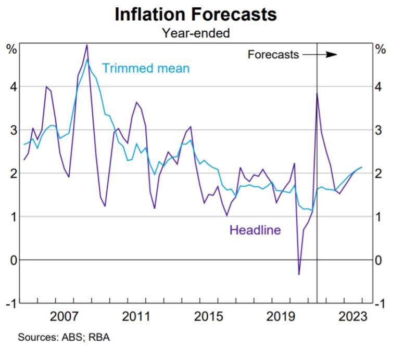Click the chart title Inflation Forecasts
click(195, 14)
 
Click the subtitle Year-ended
click(195, 33)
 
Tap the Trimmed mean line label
click(146, 68)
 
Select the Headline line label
click(255, 229)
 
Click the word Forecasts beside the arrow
click(273, 54)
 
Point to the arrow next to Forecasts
click(320, 54)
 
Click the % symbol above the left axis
click(11, 50)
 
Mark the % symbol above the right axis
click(381, 50)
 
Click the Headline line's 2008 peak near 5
click(86, 45)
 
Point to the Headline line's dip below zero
click(299, 274)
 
